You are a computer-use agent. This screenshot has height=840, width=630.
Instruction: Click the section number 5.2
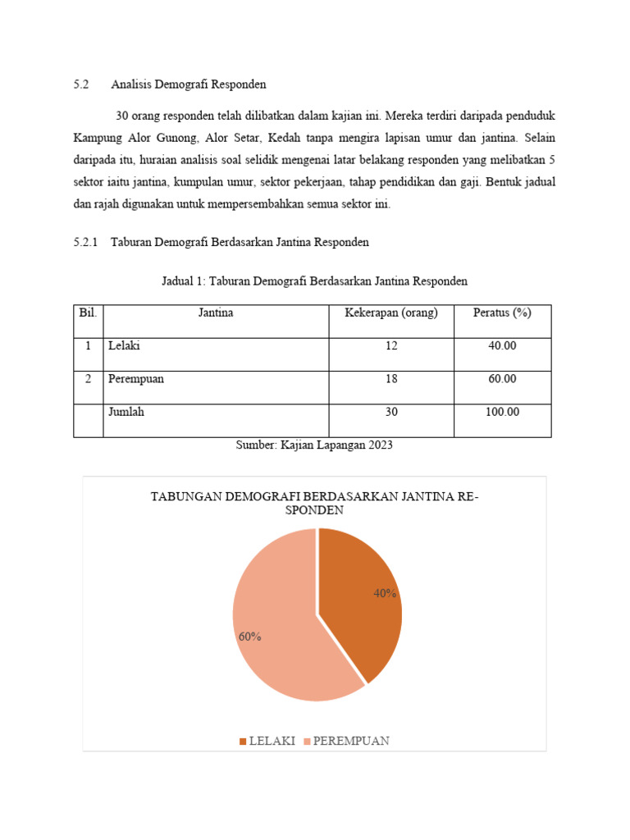[80, 84]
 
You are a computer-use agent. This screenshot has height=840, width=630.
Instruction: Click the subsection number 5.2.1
[85, 242]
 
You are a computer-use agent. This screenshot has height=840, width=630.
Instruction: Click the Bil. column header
[88, 313]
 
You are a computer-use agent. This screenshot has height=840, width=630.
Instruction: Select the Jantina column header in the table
[216, 313]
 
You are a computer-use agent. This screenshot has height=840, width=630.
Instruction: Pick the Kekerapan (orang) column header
[390, 313]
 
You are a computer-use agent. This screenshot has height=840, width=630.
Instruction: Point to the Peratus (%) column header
[502, 313]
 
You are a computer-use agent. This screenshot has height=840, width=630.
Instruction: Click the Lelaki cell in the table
[124, 346]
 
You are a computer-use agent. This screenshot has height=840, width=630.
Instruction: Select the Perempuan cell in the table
[135, 379]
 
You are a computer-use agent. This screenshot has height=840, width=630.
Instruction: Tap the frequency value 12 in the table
[390, 346]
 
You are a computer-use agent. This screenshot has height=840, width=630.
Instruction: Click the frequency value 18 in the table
[390, 379]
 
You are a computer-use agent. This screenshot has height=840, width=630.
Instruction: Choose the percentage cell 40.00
[502, 346]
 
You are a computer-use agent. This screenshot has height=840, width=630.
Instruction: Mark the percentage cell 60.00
[502, 379]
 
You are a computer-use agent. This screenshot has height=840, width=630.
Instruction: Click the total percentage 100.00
[502, 412]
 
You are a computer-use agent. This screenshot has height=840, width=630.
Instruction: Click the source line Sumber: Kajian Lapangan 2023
[314, 445]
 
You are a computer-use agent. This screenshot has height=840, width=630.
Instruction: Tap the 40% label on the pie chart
[385, 593]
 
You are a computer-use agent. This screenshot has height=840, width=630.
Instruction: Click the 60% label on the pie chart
[249, 637]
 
